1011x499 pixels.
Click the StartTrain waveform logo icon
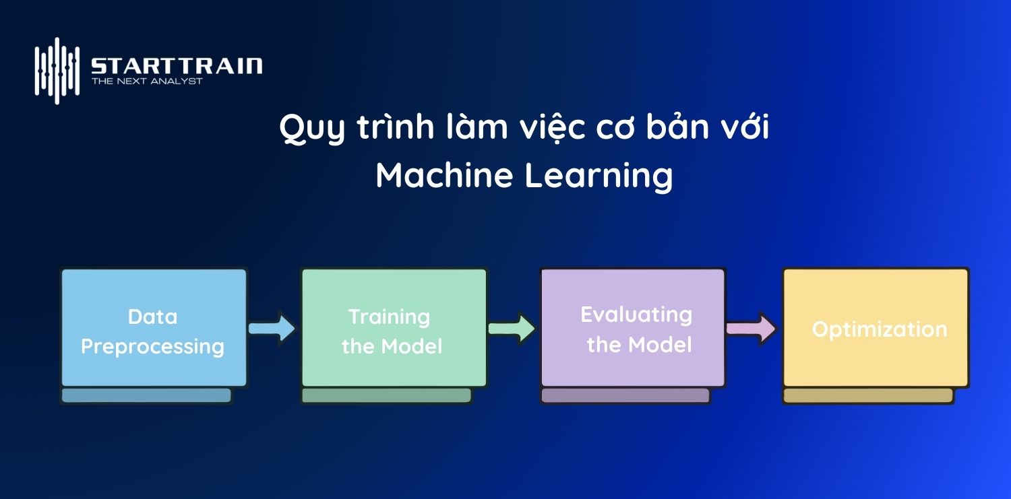pyautogui.click(x=57, y=70)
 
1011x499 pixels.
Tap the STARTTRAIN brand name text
pyautogui.click(x=177, y=66)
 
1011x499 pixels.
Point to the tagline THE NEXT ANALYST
pyautogui.click(x=147, y=81)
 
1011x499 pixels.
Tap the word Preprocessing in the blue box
pyautogui.click(x=152, y=346)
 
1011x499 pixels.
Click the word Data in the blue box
pyautogui.click(x=152, y=317)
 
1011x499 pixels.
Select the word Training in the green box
pyautogui.click(x=389, y=317)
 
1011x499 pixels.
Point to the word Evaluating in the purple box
pyautogui.click(x=636, y=314)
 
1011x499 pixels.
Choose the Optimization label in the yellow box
pyautogui.click(x=879, y=329)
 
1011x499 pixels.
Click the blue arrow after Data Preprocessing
pyautogui.click(x=272, y=328)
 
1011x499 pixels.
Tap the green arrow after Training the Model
pyautogui.click(x=512, y=328)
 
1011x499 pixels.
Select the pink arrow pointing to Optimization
pyautogui.click(x=751, y=328)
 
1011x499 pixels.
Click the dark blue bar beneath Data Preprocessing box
pyautogui.click(x=146, y=395)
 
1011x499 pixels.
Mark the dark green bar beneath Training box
pyautogui.click(x=386, y=395)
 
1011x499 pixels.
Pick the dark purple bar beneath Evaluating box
pyautogui.click(x=625, y=395)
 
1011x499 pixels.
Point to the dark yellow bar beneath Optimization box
pyautogui.click(x=868, y=395)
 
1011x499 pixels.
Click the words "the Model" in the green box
pyautogui.click(x=392, y=347)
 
